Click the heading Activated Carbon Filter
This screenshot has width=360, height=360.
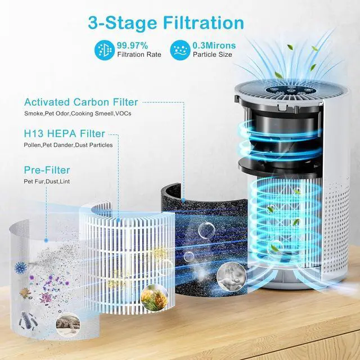click(81, 102)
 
